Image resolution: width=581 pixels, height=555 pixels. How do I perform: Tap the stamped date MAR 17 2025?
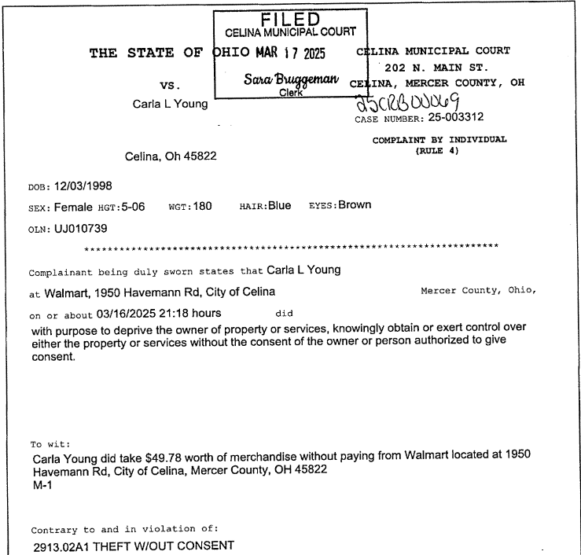point(295,56)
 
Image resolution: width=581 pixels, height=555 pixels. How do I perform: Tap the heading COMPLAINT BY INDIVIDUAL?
point(439,140)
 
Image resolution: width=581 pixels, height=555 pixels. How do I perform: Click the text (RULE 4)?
point(436,151)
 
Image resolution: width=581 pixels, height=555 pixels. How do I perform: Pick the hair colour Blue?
point(279,206)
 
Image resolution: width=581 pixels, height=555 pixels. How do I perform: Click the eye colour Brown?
point(355,206)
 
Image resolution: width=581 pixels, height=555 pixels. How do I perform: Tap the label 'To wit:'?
point(46,443)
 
